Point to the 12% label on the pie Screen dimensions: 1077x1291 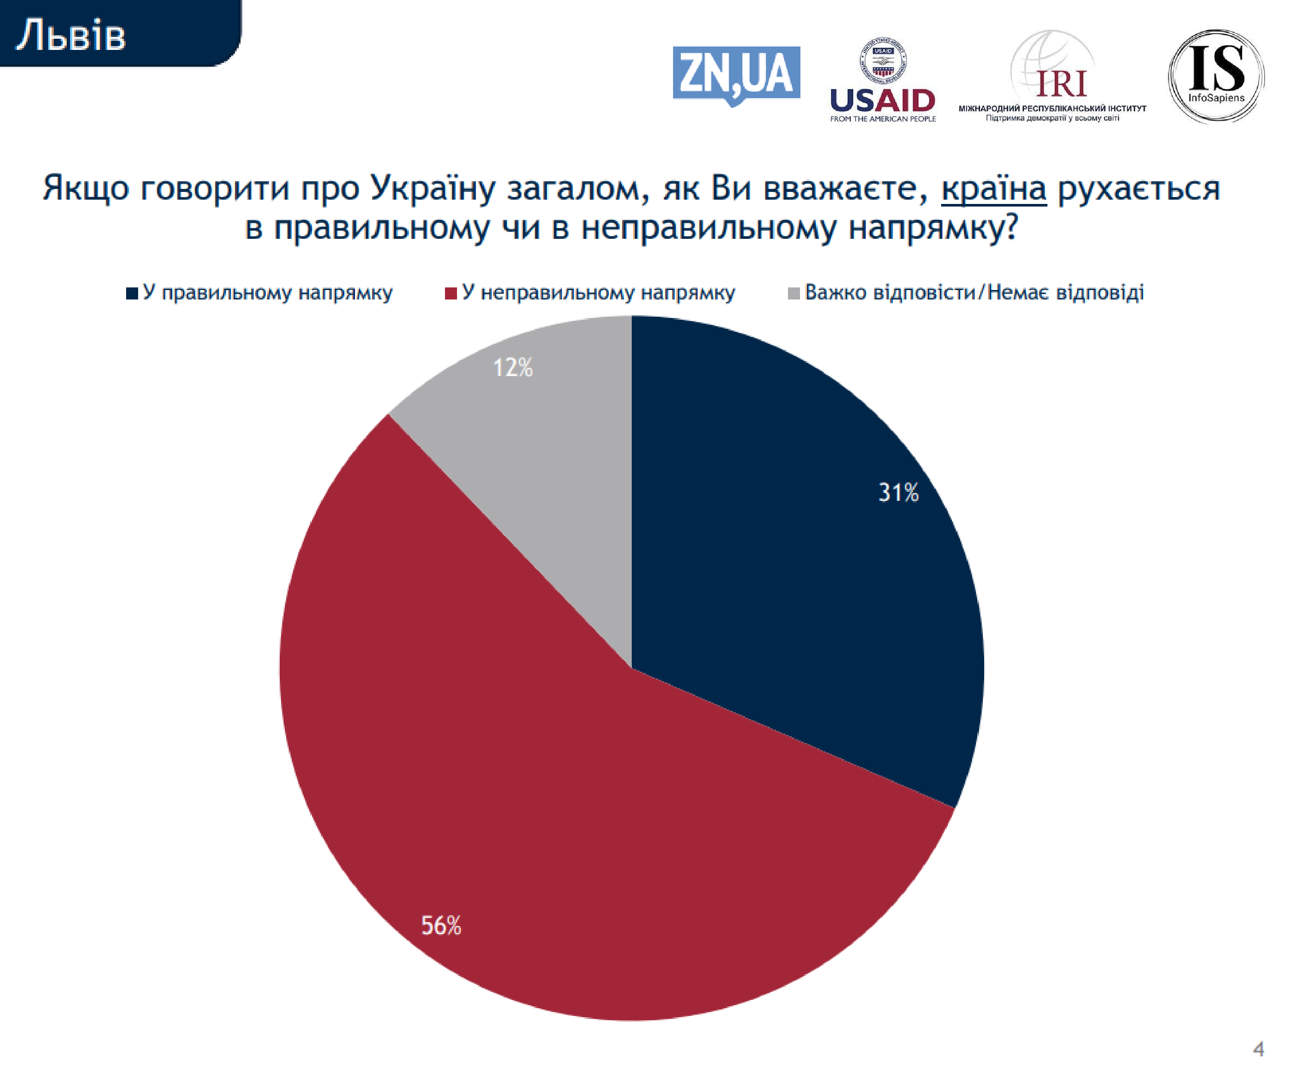tap(513, 367)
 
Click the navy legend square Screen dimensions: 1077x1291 tap(132, 293)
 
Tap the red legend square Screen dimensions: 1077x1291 tap(451, 293)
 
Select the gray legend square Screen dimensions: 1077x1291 tap(794, 293)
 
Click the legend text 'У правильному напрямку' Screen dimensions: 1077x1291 tap(267, 293)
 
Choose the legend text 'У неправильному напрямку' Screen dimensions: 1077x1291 tap(598, 293)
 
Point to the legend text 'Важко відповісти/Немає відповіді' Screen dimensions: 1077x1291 tap(974, 293)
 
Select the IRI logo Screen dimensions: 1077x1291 tap(1053, 77)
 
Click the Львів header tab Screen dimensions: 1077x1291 tap(117, 34)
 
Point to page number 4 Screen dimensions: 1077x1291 tap(1258, 1048)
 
